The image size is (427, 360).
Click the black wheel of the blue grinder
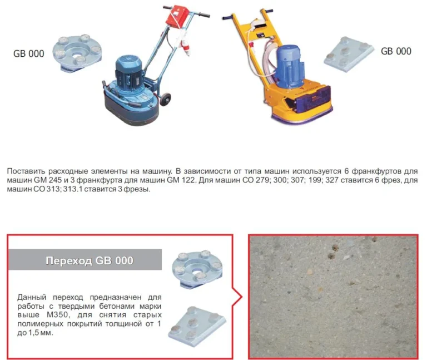[x=166, y=99]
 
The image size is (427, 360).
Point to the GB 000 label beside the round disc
[x=28, y=53]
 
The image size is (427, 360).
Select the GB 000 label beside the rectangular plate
[x=396, y=51]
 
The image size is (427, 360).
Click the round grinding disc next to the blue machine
[x=77, y=53]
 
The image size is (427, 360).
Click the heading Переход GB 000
[x=90, y=260]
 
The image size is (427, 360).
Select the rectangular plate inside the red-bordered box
[x=197, y=326]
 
